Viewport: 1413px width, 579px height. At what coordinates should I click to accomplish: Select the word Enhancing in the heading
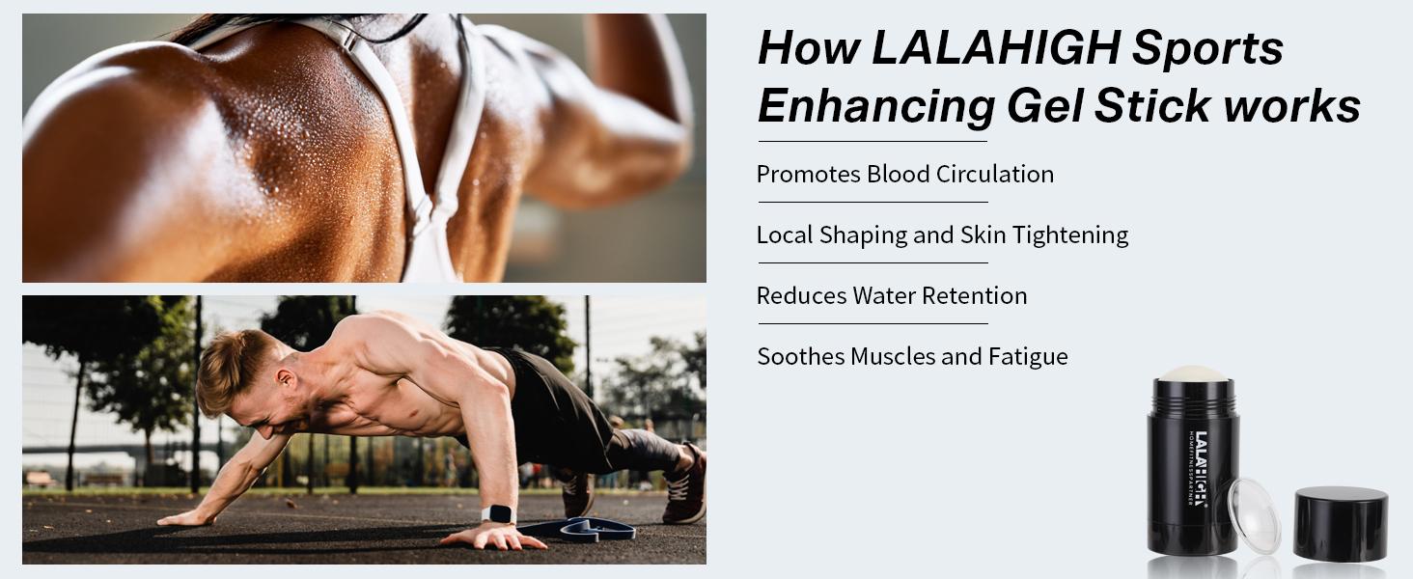tap(875, 107)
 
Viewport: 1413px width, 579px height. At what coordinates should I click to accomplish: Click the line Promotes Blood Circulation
tap(904, 175)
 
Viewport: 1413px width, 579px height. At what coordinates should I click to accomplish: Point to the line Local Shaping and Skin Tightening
tap(942, 235)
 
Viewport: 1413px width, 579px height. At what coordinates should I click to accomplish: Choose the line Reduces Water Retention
tap(891, 296)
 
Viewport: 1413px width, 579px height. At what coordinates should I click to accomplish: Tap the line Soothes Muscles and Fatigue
tap(912, 357)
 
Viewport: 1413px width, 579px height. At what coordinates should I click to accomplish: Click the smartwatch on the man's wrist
tap(498, 514)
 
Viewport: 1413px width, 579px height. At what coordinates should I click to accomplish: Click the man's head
tap(236, 372)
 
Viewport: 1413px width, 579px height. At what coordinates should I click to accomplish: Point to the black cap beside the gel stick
tap(1341, 524)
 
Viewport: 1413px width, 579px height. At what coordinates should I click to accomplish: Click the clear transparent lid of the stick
tap(1254, 516)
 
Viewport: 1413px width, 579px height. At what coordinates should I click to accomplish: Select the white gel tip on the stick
tap(1193, 373)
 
